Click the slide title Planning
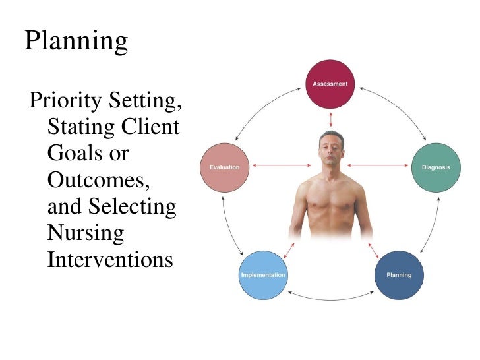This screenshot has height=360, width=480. coord(76,42)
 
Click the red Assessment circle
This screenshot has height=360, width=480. coord(330,85)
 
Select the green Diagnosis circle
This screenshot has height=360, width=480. coord(436,167)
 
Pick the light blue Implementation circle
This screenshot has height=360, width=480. coord(262,274)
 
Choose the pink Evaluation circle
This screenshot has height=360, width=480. coord(225,167)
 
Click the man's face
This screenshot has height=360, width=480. coord(330,151)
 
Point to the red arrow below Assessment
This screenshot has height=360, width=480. coord(330,119)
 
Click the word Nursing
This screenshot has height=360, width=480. coord(86,233)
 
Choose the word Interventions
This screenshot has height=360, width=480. coord(110,259)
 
